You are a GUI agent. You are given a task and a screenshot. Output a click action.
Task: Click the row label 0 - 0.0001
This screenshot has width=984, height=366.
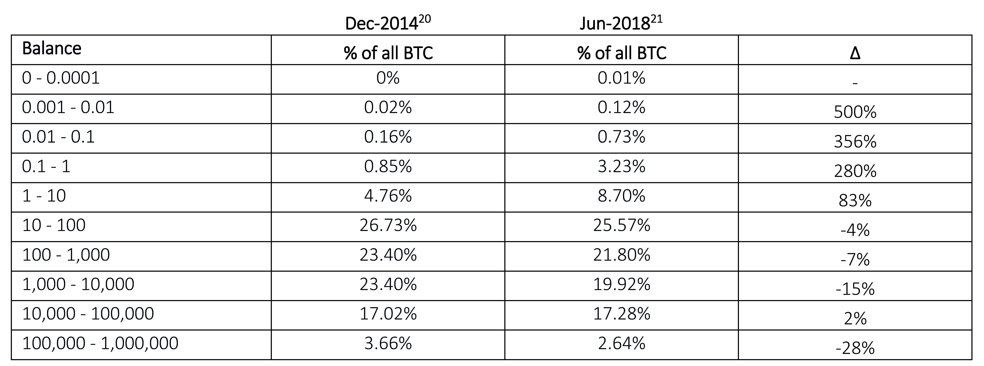(x=61, y=78)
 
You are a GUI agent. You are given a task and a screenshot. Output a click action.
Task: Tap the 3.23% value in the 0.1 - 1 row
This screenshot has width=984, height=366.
(x=621, y=166)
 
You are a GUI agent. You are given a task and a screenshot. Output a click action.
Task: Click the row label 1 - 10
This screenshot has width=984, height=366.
(x=44, y=196)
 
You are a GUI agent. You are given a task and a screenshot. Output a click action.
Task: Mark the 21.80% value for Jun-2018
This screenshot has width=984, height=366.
(x=621, y=255)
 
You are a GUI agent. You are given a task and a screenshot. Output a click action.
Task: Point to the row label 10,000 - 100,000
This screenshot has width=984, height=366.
(x=88, y=314)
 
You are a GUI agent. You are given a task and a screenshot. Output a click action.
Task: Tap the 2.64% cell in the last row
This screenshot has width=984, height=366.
(x=621, y=343)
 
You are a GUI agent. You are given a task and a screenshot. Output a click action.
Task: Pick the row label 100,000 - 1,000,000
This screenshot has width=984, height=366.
(x=100, y=343)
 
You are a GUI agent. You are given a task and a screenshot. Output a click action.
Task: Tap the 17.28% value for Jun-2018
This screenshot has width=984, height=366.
(x=621, y=314)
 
